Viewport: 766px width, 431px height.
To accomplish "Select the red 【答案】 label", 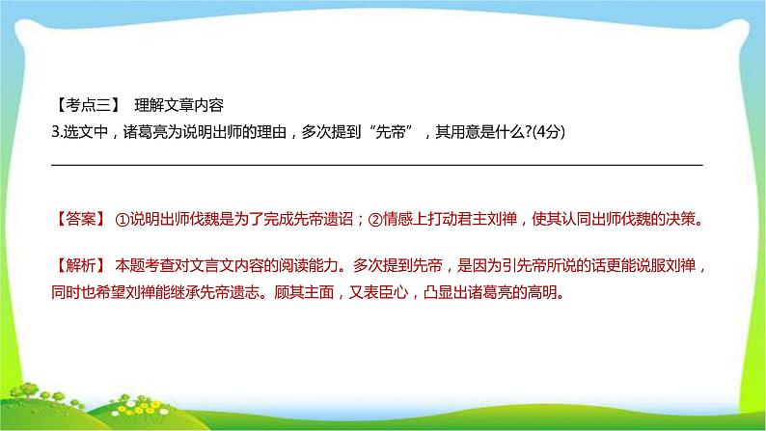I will [78, 219].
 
